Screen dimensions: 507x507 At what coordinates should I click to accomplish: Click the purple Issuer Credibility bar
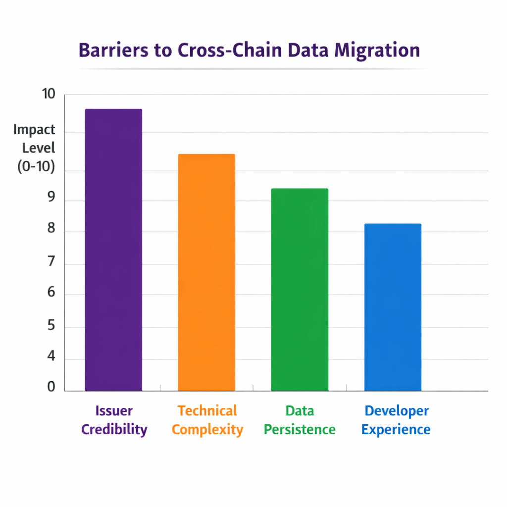[113, 250]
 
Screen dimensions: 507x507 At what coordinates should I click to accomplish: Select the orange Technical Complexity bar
[206, 272]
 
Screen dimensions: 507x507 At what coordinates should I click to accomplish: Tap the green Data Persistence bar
[300, 290]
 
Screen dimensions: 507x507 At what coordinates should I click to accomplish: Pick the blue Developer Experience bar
[393, 307]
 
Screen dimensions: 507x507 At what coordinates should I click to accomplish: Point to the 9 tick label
[51, 201]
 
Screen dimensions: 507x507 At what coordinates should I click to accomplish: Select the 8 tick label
[51, 231]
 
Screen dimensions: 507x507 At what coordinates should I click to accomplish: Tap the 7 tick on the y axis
[51, 263]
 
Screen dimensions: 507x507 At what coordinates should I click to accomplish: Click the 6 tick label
[51, 294]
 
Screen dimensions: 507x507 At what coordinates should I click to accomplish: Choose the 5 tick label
[51, 327]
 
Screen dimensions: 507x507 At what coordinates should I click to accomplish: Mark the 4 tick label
[51, 358]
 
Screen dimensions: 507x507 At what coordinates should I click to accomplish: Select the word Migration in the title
[376, 51]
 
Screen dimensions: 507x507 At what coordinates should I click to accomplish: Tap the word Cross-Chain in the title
[210, 51]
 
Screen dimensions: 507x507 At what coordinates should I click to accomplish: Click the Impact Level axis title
[35, 148]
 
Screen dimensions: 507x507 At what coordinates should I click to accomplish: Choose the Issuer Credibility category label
[114, 420]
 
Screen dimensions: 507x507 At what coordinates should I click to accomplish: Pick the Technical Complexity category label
[207, 420]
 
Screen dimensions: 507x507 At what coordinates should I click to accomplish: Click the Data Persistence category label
[300, 420]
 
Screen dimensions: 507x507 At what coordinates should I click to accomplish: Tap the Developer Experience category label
[396, 420]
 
